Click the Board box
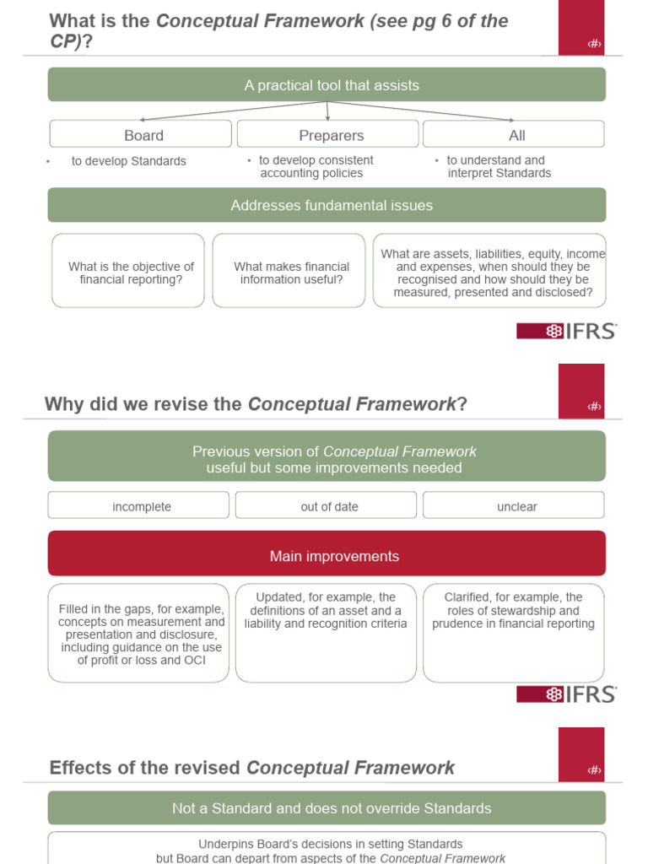[x=140, y=134]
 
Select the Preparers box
[x=327, y=134]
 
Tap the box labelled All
[x=514, y=134]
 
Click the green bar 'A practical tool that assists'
[x=327, y=84]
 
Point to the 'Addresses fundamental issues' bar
[x=327, y=205]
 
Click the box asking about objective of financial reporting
[x=128, y=271]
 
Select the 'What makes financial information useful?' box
[x=289, y=271]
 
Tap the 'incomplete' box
[x=139, y=505]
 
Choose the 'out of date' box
[x=327, y=505]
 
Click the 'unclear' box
[x=514, y=505]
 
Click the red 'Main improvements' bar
[x=327, y=554]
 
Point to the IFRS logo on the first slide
[x=566, y=331]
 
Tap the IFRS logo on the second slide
[x=566, y=694]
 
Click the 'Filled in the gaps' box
[x=139, y=633]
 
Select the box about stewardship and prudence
[x=514, y=633]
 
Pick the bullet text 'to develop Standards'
[x=128, y=161]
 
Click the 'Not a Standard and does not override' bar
[x=327, y=807]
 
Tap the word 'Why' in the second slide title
[x=63, y=404]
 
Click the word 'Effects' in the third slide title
[x=79, y=768]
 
